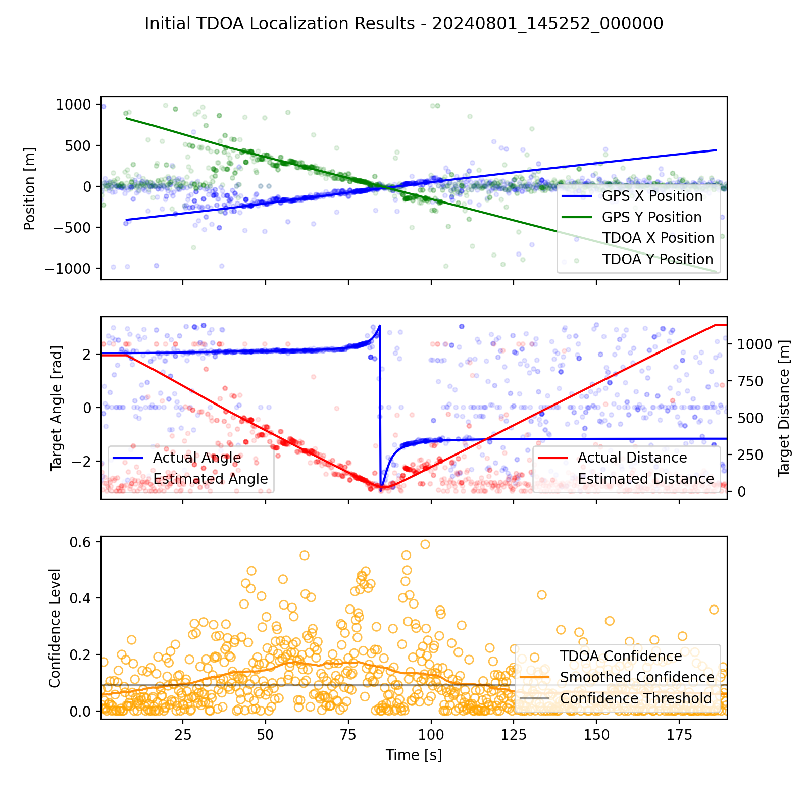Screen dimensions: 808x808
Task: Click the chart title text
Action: pos(404,24)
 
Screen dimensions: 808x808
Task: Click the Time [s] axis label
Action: pos(414,755)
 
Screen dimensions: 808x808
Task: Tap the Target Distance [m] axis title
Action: pos(784,408)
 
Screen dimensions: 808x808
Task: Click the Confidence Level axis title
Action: pos(55,628)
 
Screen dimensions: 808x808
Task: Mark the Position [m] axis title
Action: pos(30,188)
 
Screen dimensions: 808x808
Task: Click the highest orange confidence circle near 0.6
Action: pos(425,544)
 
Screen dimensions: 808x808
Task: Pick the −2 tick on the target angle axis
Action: pos(81,462)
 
